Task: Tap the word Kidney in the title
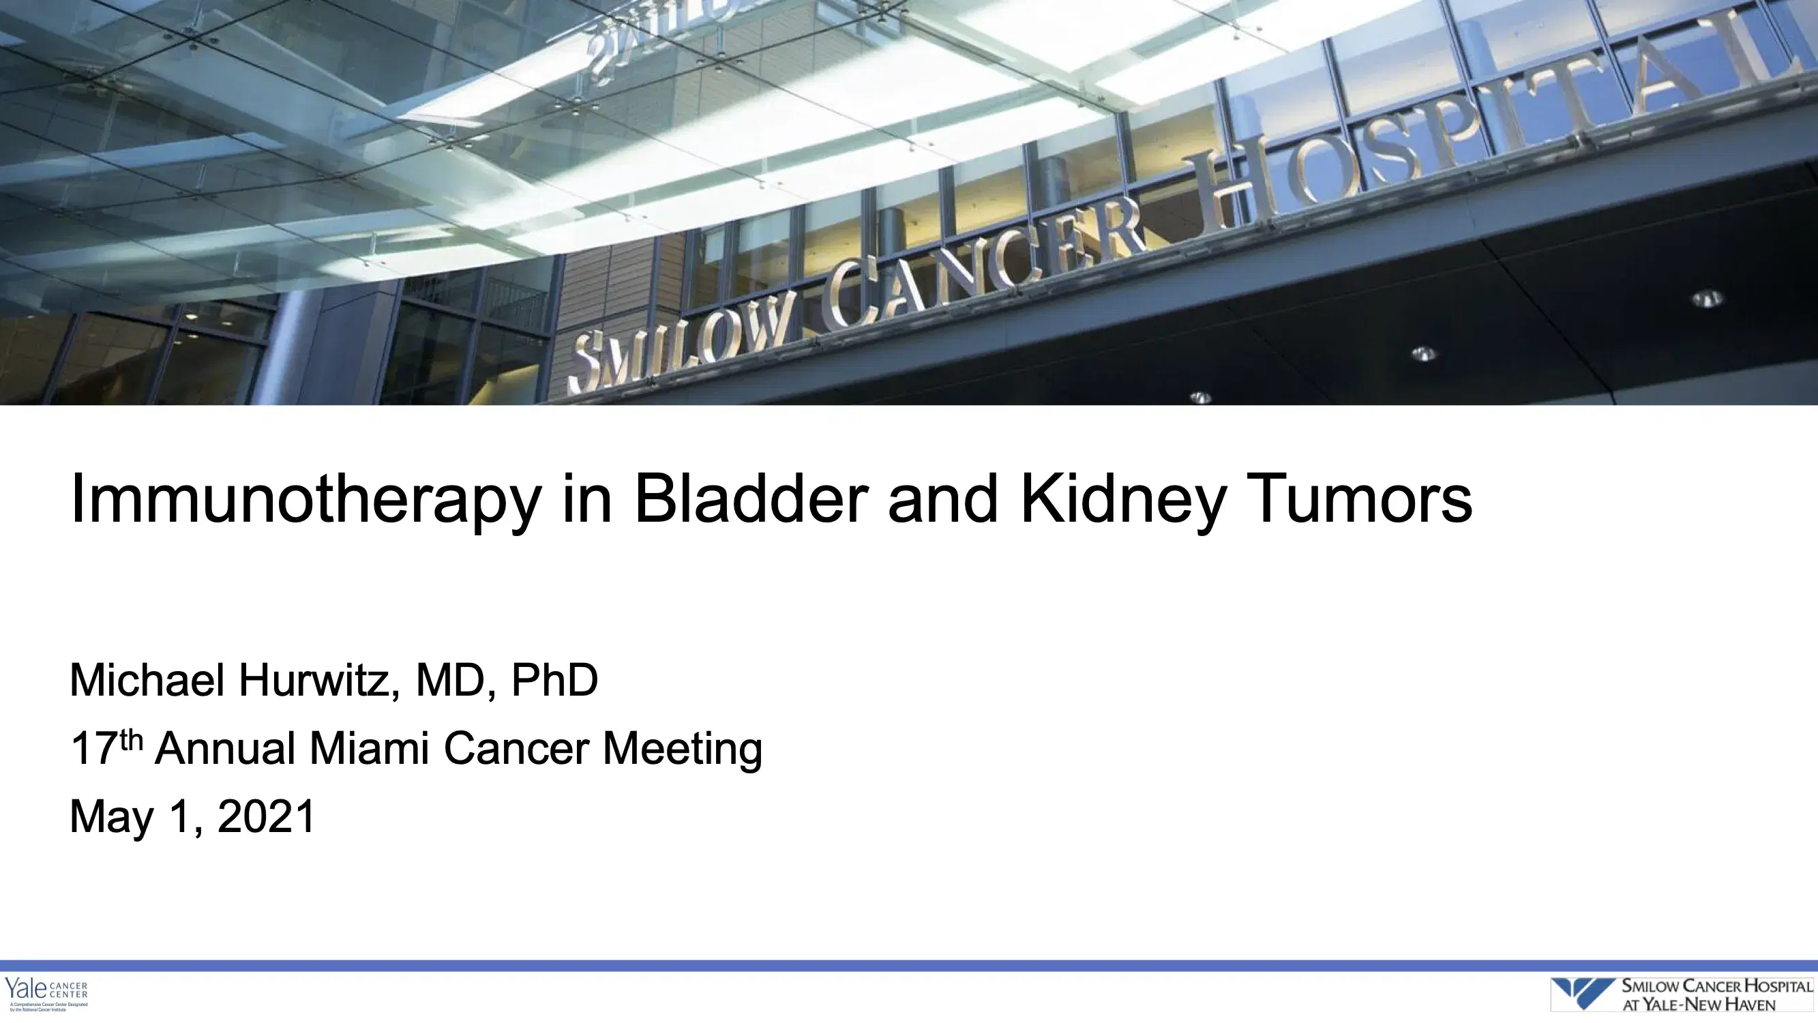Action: [1122, 500]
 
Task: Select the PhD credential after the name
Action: [554, 680]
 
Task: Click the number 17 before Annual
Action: [93, 749]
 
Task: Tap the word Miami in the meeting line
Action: [368, 747]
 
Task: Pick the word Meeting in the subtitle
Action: [682, 749]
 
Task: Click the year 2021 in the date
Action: [266, 816]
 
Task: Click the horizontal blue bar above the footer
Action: [909, 965]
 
